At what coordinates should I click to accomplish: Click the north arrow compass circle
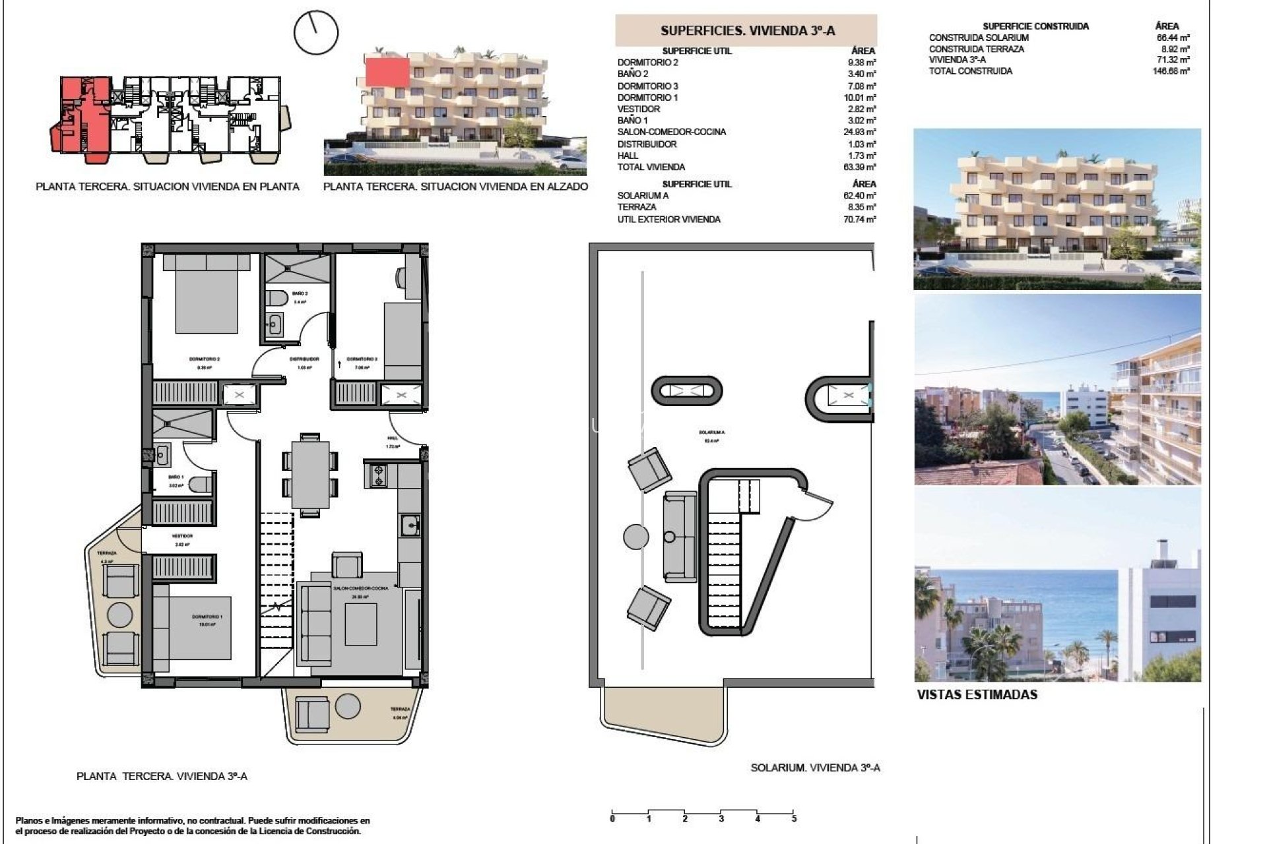click(315, 32)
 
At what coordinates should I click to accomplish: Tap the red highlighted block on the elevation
click(387, 71)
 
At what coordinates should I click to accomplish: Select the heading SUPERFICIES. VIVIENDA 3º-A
click(747, 30)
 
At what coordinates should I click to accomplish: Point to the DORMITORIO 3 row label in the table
click(647, 86)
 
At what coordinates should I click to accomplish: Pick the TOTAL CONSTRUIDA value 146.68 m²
click(1171, 71)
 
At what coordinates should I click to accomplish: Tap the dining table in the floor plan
click(310, 475)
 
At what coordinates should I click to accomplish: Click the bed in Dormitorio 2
click(207, 294)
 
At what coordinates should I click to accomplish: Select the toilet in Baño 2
click(277, 299)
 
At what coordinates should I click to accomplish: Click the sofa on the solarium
click(680, 537)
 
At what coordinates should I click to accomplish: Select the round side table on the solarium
click(635, 536)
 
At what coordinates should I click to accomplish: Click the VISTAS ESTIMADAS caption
click(977, 694)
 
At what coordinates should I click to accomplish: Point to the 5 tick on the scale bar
click(794, 818)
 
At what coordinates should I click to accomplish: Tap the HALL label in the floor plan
click(393, 438)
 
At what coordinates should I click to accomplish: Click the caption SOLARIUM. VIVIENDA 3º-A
click(815, 768)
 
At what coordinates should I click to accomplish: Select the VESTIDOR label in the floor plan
click(181, 536)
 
